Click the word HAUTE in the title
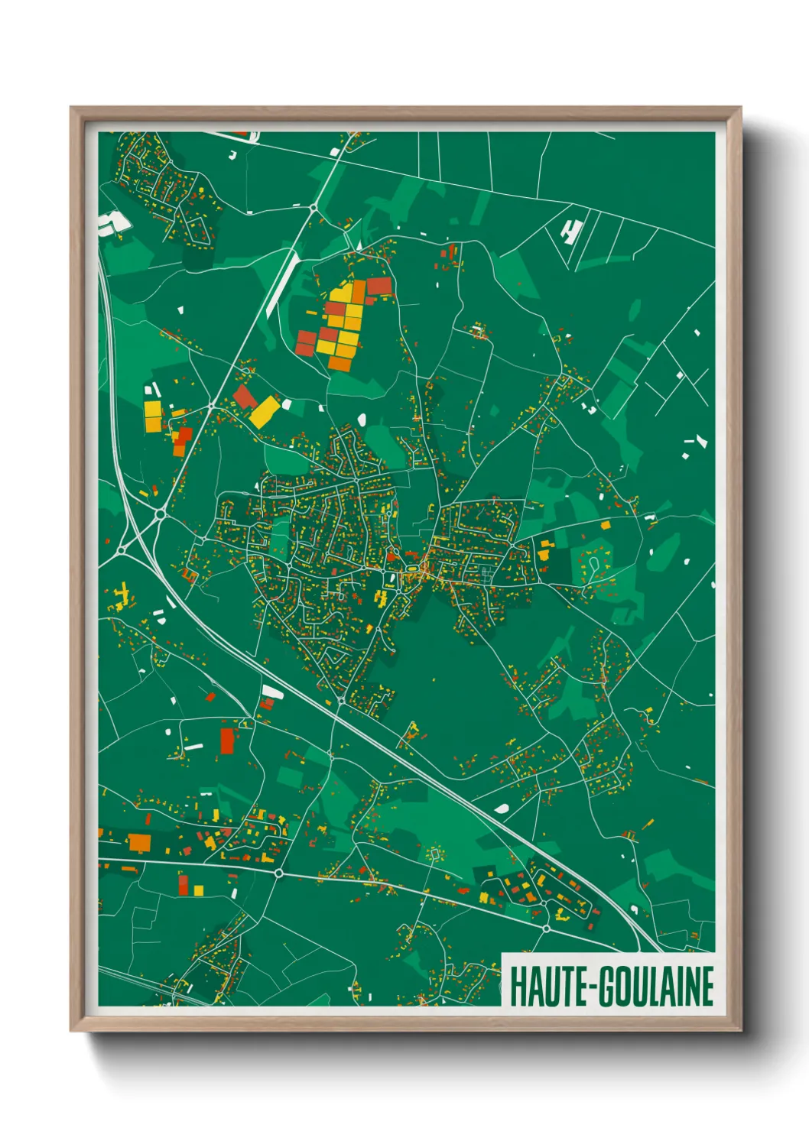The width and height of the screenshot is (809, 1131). pyautogui.click(x=543, y=987)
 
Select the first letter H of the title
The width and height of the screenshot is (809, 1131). pyautogui.click(x=516, y=987)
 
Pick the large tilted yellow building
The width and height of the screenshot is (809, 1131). pyautogui.click(x=263, y=412)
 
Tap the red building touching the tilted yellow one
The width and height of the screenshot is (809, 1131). pyautogui.click(x=245, y=397)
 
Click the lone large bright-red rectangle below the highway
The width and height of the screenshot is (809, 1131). pyautogui.click(x=227, y=740)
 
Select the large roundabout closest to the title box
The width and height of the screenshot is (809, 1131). pyautogui.click(x=546, y=928)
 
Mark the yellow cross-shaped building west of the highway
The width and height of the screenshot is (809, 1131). pyautogui.click(x=121, y=595)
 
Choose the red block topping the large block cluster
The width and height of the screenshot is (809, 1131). pyautogui.click(x=379, y=287)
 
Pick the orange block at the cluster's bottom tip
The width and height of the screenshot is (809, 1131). pyautogui.click(x=340, y=364)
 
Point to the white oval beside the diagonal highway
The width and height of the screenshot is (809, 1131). pyautogui.click(x=502, y=807)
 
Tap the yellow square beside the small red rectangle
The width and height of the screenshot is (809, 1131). pyautogui.click(x=198, y=890)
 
